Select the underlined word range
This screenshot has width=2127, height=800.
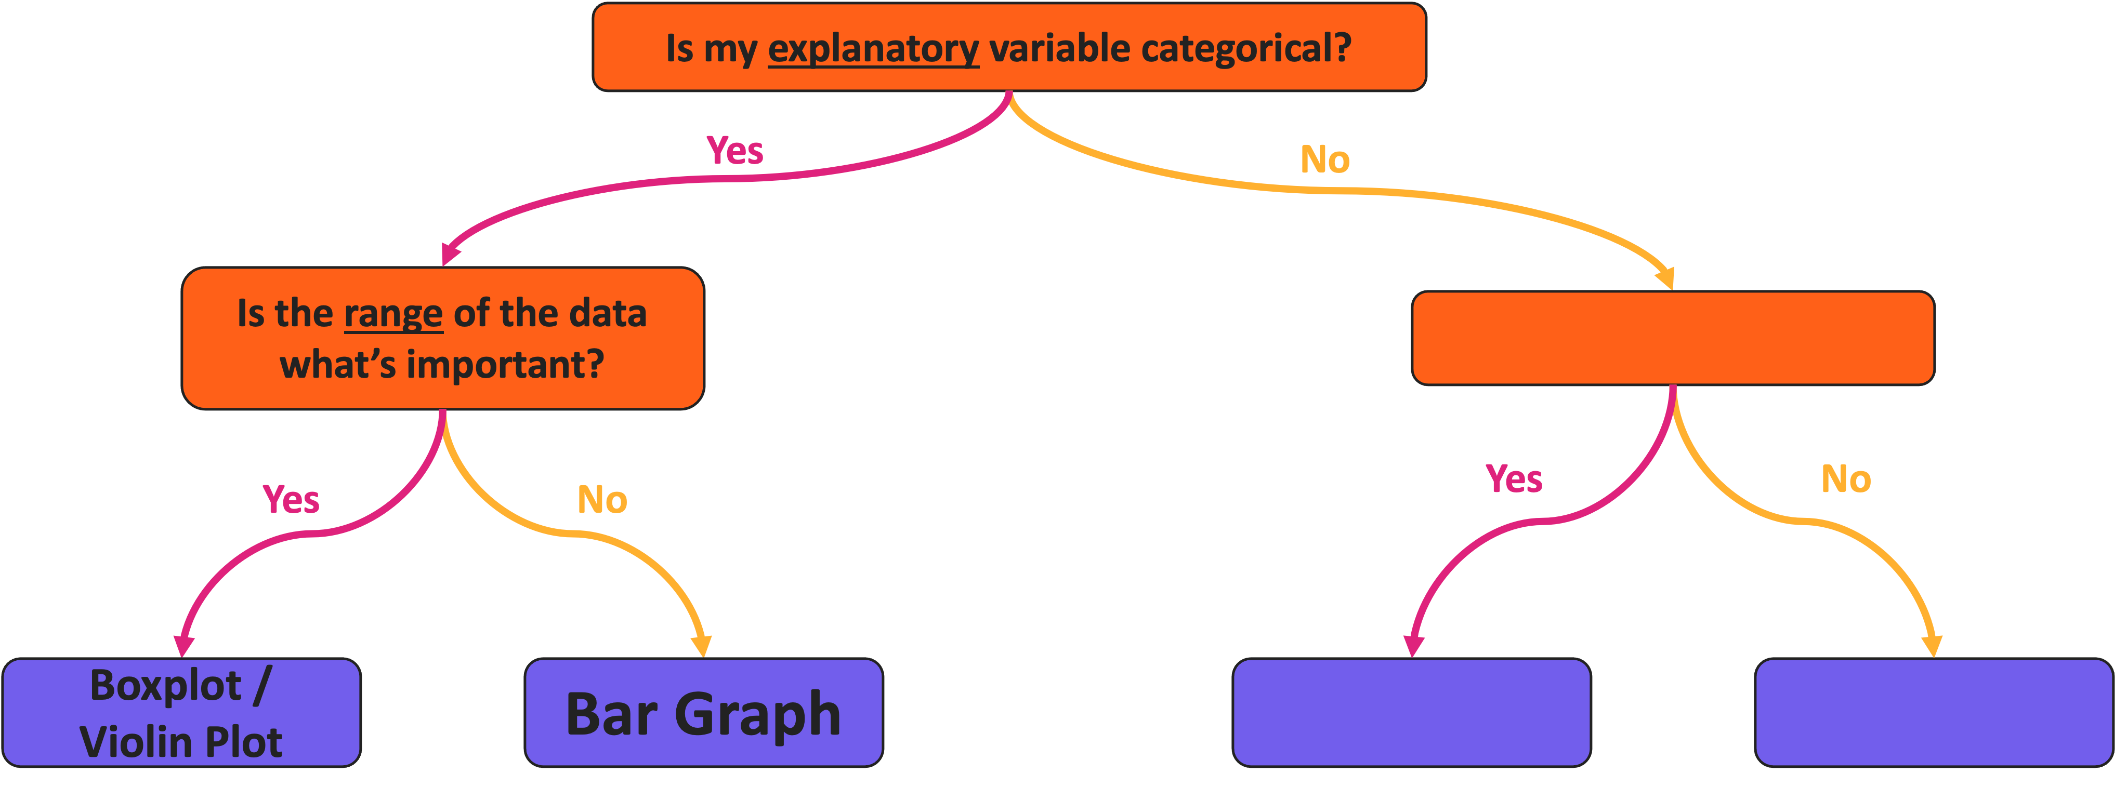pyautogui.click(x=393, y=315)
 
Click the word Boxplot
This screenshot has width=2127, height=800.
pyautogui.click(x=165, y=686)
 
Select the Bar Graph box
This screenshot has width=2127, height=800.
pyautogui.click(x=703, y=713)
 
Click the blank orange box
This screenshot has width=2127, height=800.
pyautogui.click(x=1673, y=338)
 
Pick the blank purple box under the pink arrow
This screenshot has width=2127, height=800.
pyautogui.click(x=1411, y=713)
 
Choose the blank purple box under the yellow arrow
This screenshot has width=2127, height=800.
pyautogui.click(x=1933, y=713)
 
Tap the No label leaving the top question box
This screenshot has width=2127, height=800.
pyautogui.click(x=1324, y=160)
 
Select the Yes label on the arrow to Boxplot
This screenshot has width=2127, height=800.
pyautogui.click(x=291, y=500)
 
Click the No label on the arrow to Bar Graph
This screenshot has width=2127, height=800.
pyautogui.click(x=602, y=500)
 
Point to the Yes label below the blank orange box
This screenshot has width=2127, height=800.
pyautogui.click(x=1514, y=479)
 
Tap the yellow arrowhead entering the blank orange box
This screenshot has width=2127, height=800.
pyautogui.click(x=1666, y=278)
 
